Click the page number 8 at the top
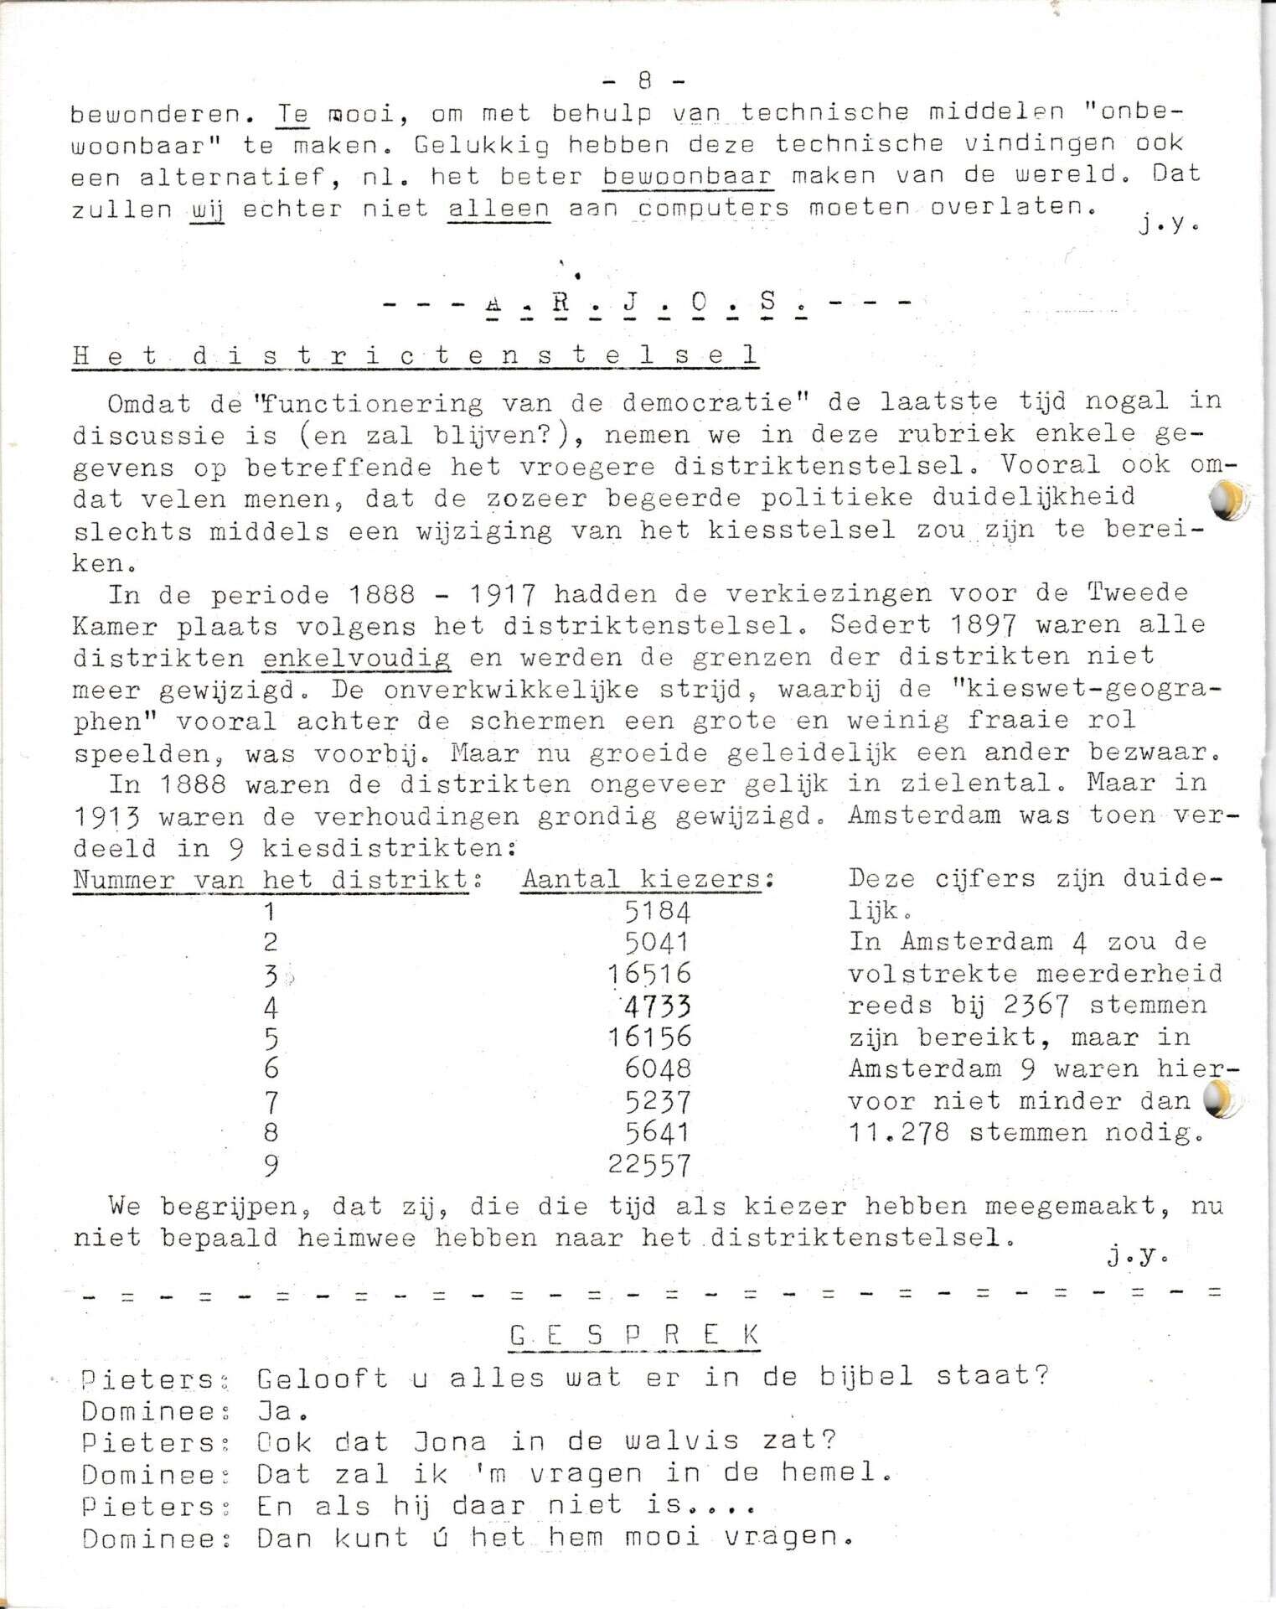click(644, 81)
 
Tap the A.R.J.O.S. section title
click(644, 303)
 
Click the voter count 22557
click(650, 1165)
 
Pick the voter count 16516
click(650, 974)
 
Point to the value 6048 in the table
click(658, 1069)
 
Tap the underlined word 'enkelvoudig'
click(356, 657)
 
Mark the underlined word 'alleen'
click(499, 208)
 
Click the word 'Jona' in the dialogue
click(449, 1441)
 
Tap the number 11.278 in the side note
click(899, 1133)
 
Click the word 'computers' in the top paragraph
click(712, 208)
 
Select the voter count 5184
click(658, 911)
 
